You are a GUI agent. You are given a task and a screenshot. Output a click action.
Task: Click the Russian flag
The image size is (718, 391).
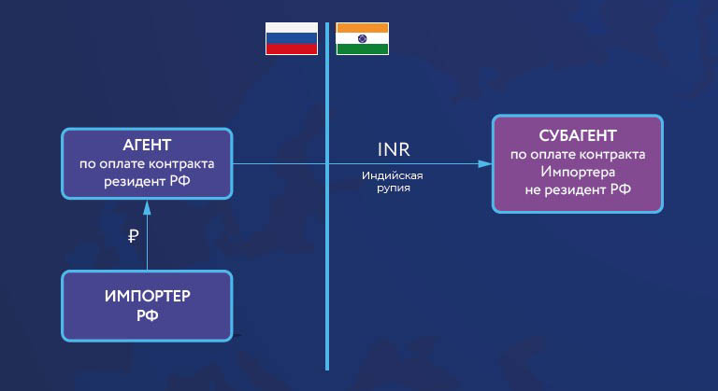(x=292, y=38)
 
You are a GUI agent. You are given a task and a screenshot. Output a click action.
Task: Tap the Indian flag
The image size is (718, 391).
(x=362, y=38)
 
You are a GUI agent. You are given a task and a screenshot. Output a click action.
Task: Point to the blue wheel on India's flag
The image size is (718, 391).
(x=362, y=38)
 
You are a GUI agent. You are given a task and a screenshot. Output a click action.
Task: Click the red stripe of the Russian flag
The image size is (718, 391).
(x=292, y=49)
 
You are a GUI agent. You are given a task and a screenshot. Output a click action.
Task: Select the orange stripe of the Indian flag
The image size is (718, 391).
(x=362, y=28)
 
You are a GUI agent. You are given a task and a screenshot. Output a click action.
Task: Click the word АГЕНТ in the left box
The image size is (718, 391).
(x=147, y=145)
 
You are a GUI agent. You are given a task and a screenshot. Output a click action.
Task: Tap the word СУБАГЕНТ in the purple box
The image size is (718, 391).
(x=578, y=135)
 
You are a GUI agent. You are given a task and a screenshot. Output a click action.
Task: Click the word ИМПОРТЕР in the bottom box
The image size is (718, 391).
(x=148, y=296)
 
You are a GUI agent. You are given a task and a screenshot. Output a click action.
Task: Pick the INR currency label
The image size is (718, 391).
(x=394, y=149)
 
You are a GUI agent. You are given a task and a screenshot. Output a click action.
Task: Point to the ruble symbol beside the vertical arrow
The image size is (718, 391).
(x=133, y=236)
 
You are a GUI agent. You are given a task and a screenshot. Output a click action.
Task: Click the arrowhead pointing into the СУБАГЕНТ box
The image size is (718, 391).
(x=484, y=163)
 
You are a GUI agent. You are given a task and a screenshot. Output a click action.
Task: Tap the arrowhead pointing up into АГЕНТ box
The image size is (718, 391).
(x=147, y=208)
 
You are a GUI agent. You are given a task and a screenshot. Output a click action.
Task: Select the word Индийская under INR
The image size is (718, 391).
(x=393, y=175)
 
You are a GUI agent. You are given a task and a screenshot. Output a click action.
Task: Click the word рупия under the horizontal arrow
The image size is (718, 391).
(x=394, y=188)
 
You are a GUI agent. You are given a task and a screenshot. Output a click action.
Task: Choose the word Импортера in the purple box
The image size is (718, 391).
(x=578, y=172)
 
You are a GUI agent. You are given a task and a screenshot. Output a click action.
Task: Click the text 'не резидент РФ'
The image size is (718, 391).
(x=578, y=189)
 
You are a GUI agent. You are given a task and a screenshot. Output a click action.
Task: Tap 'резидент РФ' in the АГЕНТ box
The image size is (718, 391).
(x=147, y=181)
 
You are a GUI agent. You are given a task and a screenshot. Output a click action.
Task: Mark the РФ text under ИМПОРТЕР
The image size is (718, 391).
(x=148, y=315)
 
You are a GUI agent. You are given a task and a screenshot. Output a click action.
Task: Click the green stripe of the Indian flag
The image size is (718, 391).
(x=362, y=49)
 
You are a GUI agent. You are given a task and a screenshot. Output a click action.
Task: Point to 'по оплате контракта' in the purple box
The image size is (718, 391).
(x=578, y=155)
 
